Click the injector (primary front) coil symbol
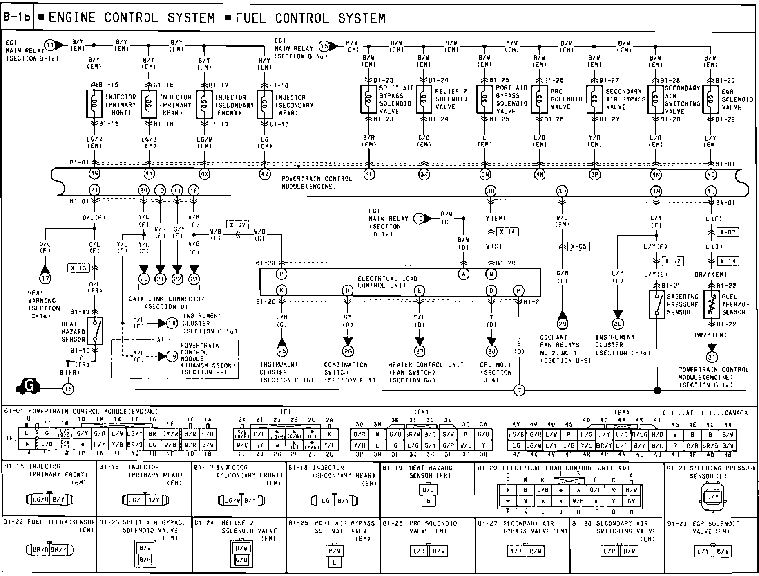coord(95,104)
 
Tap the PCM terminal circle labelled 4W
coord(95,173)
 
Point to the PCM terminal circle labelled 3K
coord(424,174)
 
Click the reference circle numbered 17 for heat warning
coord(45,279)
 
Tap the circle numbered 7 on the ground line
coord(519,390)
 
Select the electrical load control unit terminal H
coord(281,274)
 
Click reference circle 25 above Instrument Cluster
coord(282,351)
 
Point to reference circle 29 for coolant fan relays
coord(563,324)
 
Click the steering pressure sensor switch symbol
coord(657,304)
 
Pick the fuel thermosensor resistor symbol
coord(711,305)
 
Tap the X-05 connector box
coord(579,247)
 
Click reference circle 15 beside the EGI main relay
coord(324,46)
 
